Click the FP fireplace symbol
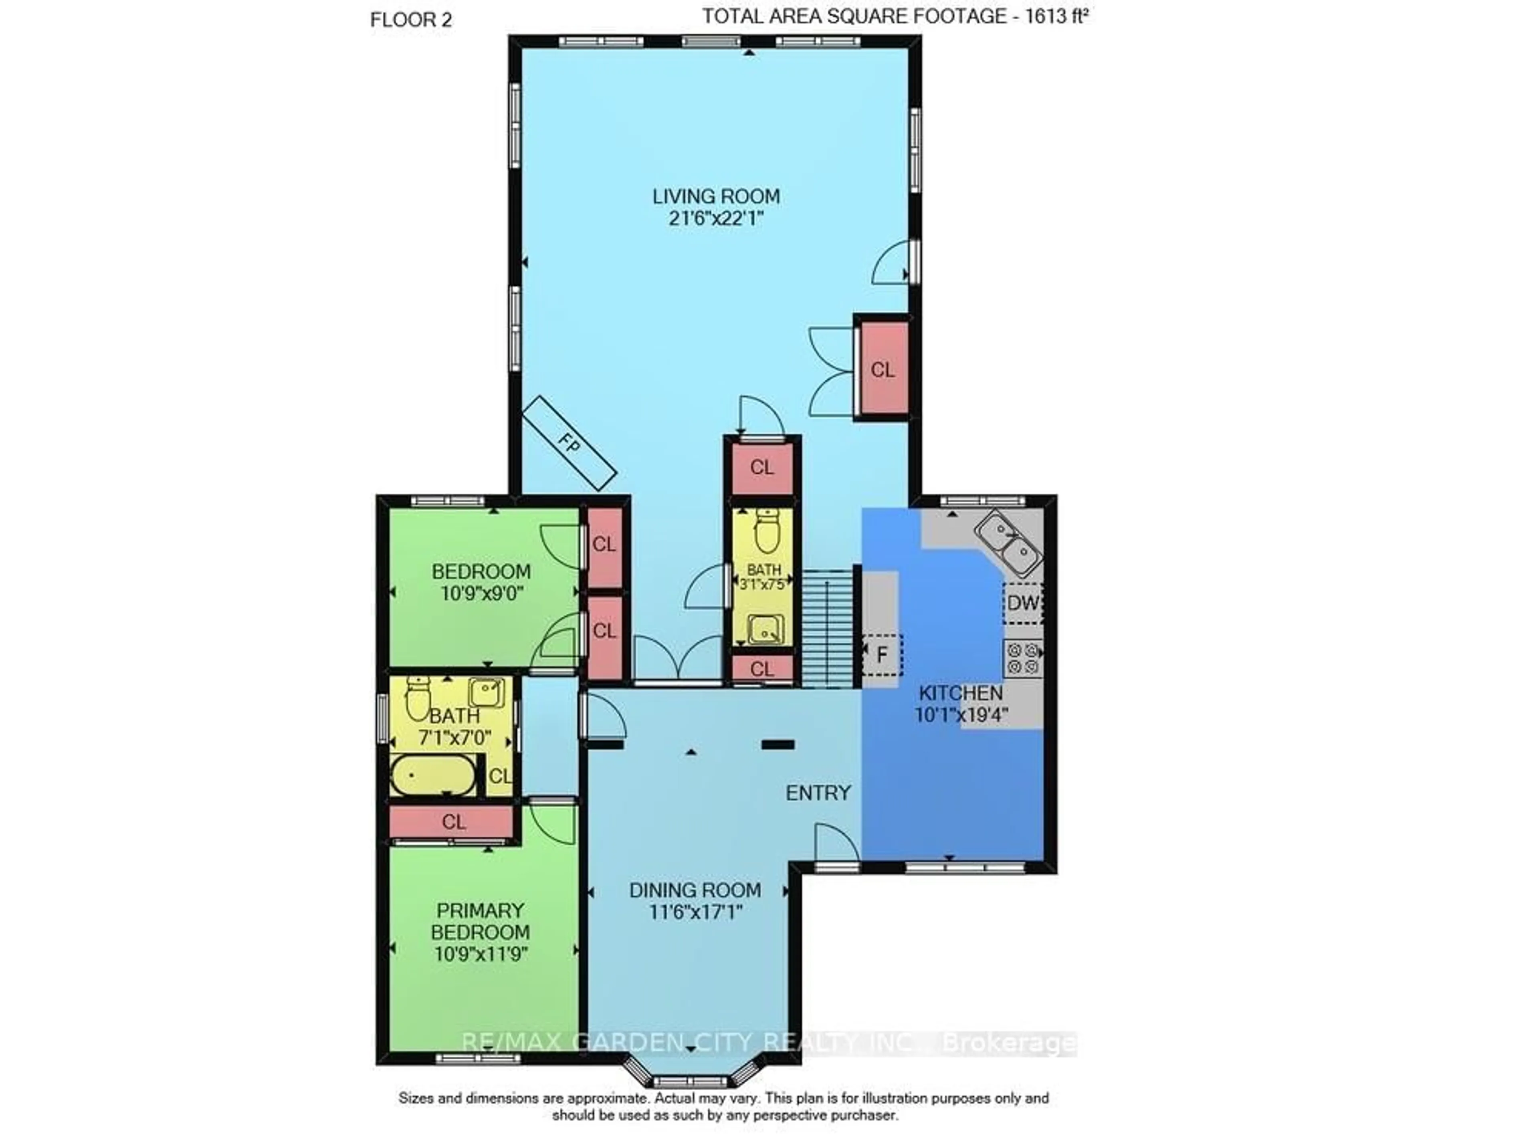[569, 444]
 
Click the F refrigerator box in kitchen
[882, 655]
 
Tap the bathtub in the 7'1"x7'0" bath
[432, 776]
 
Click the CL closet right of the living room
[883, 369]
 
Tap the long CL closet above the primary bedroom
[453, 822]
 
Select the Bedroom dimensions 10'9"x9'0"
[482, 593]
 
